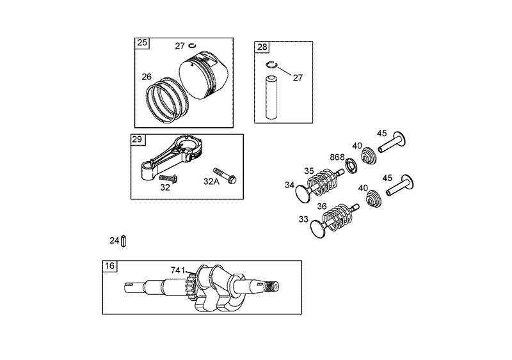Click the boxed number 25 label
142,43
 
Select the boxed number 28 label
262,47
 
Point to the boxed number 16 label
110,266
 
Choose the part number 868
337,157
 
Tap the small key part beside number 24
126,240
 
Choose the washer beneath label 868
351,168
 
